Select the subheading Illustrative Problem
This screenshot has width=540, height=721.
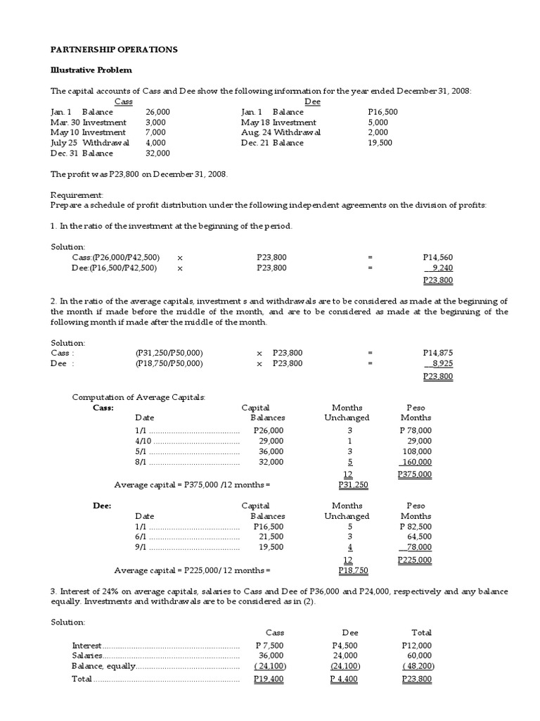91,70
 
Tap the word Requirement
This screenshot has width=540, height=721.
77,194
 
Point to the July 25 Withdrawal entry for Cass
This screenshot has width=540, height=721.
90,143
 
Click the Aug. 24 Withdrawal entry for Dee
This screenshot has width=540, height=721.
281,132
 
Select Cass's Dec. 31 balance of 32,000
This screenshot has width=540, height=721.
157,153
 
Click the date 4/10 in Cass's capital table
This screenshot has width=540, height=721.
142,441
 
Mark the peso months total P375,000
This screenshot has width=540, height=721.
415,475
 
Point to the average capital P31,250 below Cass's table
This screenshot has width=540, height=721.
353,485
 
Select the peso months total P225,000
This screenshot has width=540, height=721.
415,560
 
